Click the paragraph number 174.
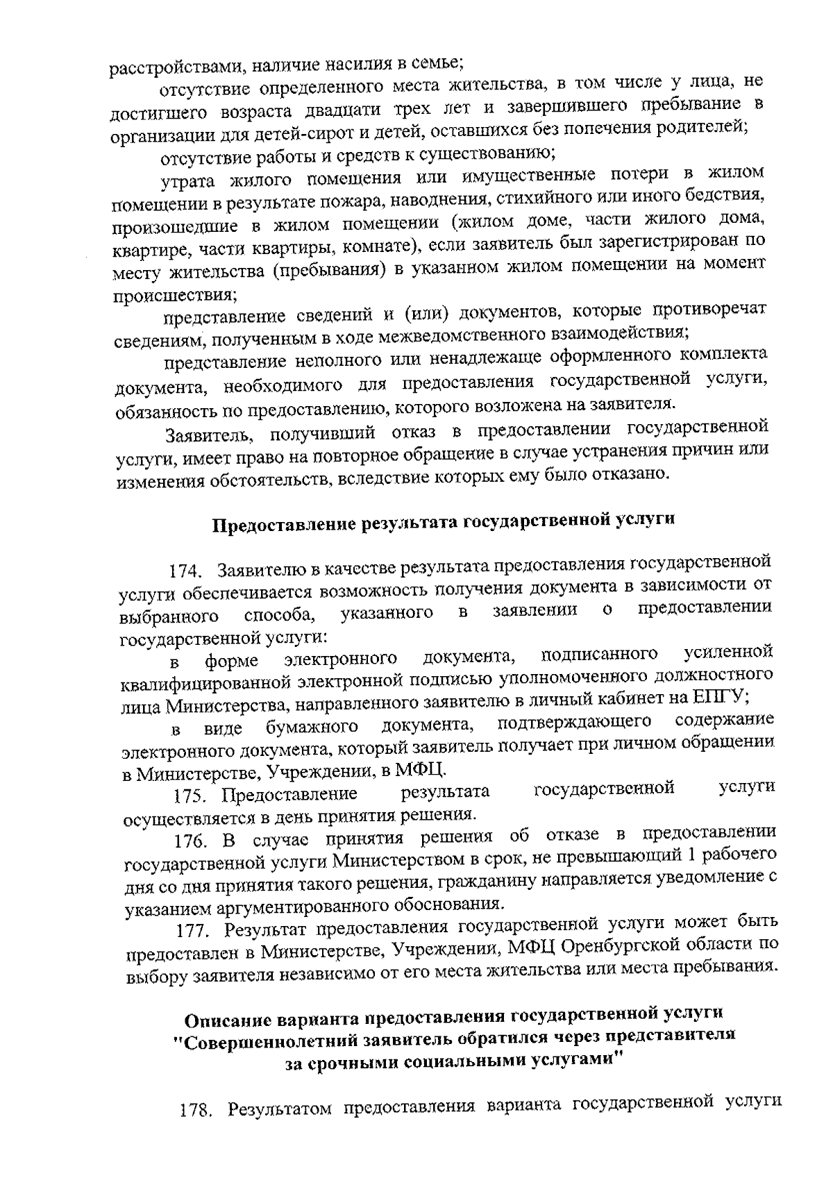pos(186,572)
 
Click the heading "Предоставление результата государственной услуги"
pos(442,523)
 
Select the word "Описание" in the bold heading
pos(228,1020)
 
